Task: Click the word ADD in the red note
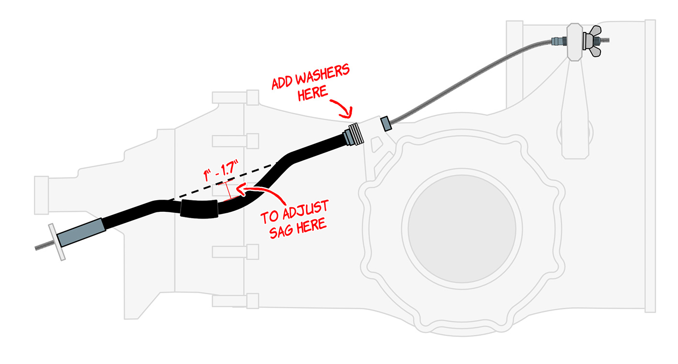pos(281,83)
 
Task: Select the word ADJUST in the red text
pos(306,209)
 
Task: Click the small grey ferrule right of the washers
pos(385,124)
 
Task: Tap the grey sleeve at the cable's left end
pos(81,233)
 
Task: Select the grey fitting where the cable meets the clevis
pos(558,42)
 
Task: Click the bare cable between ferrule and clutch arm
pos(465,83)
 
